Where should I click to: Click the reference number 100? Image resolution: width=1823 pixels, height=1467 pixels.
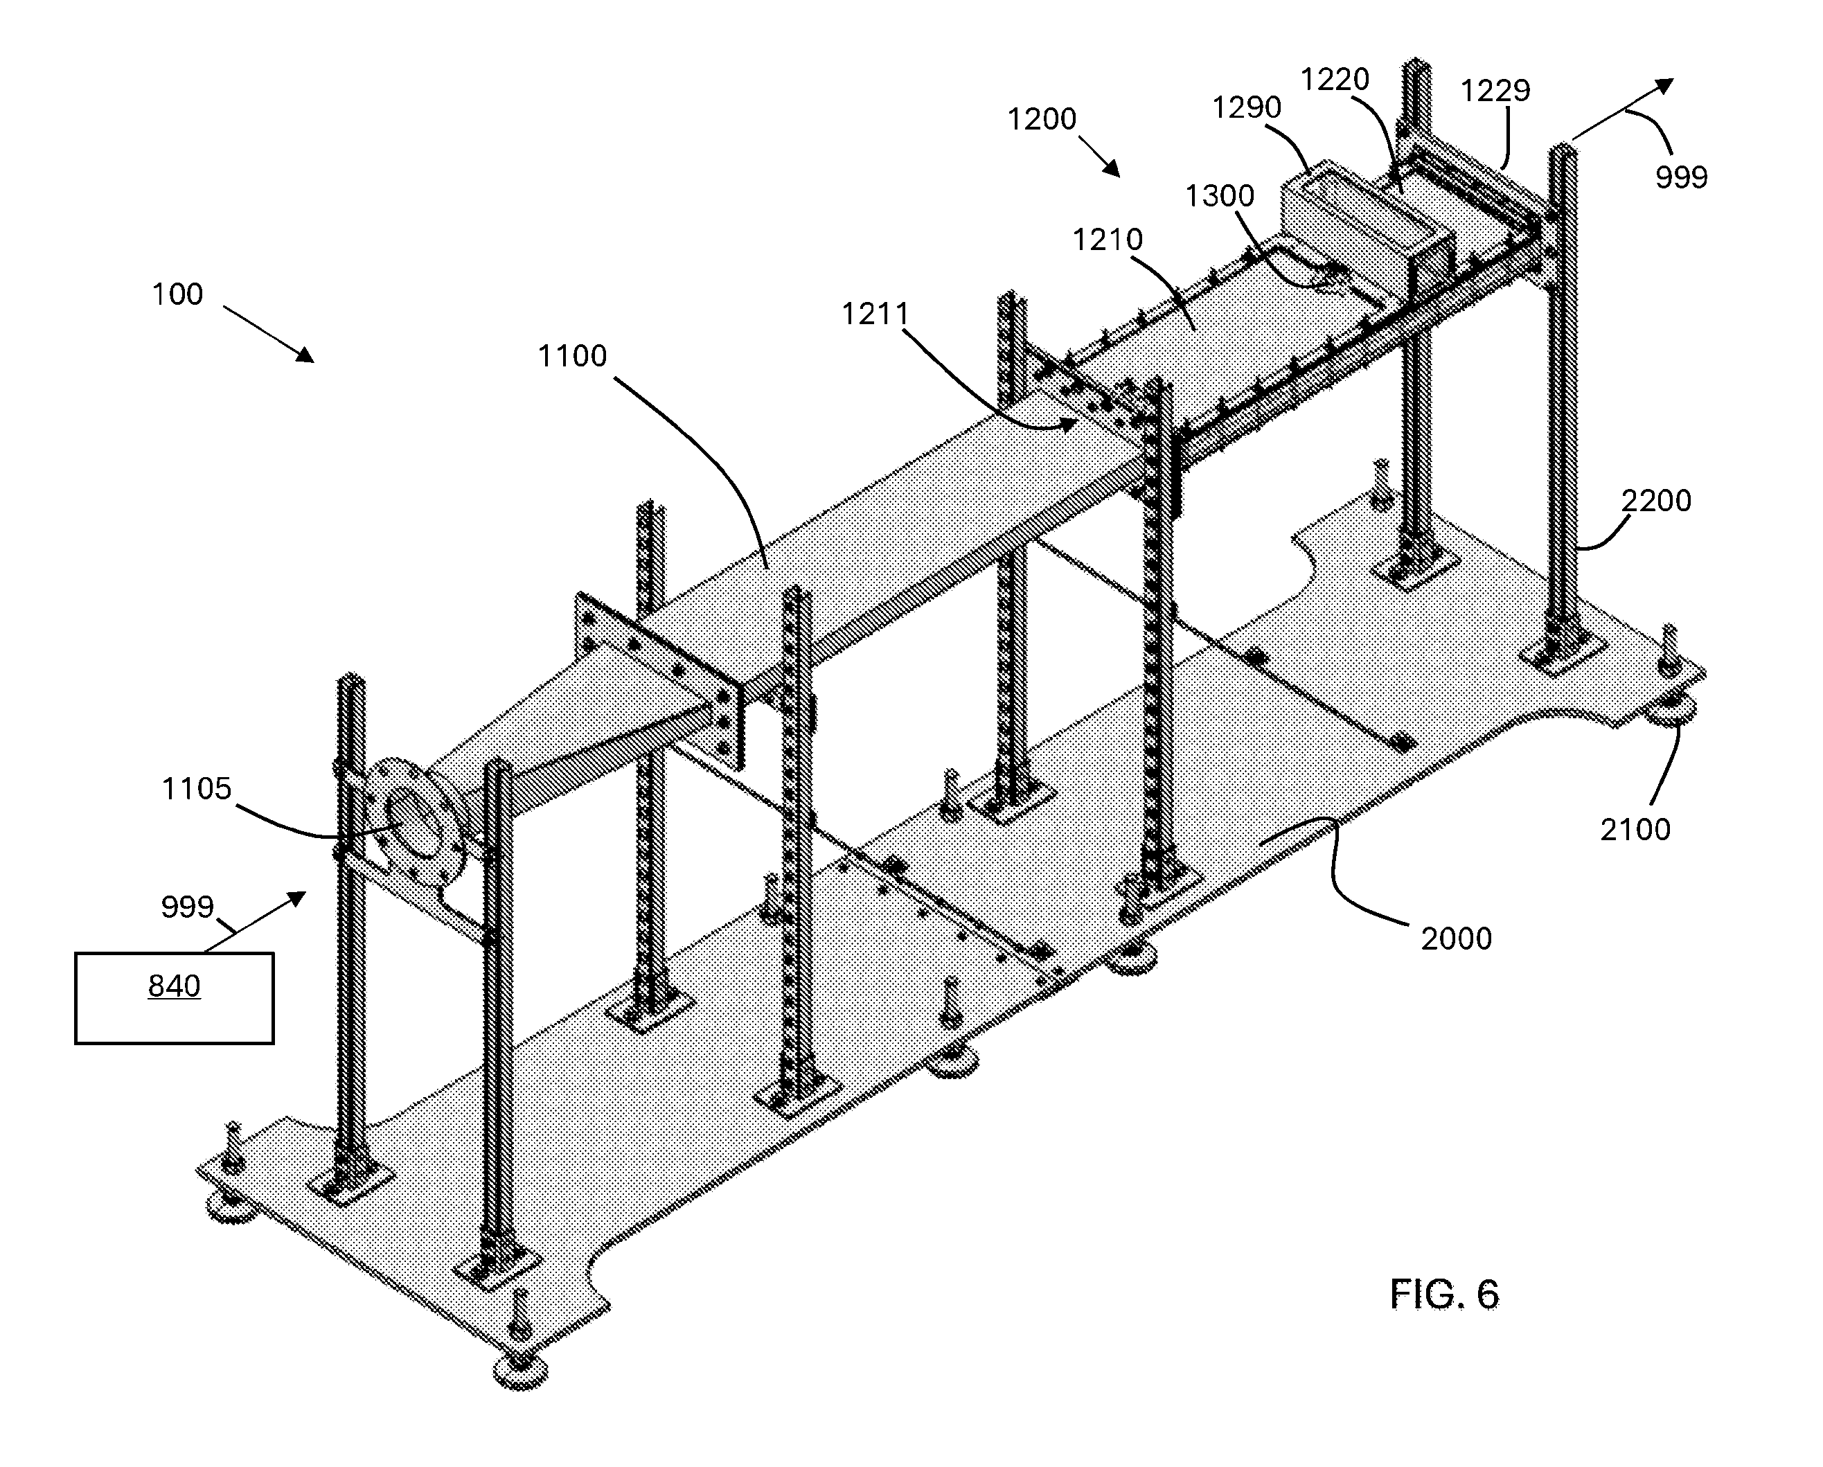coord(177,294)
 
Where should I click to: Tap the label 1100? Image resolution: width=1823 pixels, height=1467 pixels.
coord(572,356)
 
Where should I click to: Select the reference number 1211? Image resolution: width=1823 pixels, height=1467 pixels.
coord(875,314)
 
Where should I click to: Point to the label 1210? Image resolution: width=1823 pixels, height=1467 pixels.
coord(1108,240)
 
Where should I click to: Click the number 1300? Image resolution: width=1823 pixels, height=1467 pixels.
coord(1219,196)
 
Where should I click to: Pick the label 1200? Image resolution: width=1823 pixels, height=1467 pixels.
coord(1042,119)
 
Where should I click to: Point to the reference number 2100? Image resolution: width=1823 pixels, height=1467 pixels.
coord(1635,830)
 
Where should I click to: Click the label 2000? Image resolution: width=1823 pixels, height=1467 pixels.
coord(1456,939)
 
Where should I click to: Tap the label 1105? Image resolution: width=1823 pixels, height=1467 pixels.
coord(196,789)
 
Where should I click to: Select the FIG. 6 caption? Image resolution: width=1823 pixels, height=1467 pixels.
coord(1445,1295)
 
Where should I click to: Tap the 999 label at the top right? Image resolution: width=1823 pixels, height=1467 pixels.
coord(1682,177)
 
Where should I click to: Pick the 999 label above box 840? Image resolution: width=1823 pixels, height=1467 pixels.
coord(188,907)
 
